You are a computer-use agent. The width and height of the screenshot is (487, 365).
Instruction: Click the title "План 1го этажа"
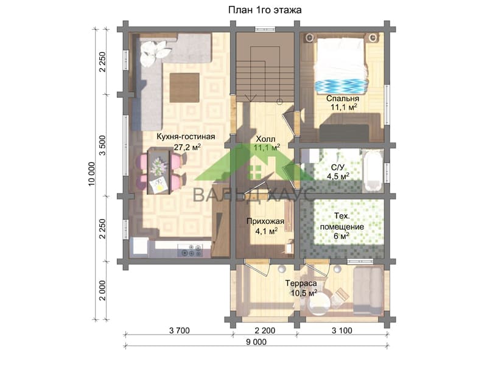[x=265, y=10]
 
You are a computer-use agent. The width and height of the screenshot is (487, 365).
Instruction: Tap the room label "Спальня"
[x=343, y=99]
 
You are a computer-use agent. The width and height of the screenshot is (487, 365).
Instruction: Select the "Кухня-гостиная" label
[x=186, y=136]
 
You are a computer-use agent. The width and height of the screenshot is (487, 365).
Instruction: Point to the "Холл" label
[x=265, y=139]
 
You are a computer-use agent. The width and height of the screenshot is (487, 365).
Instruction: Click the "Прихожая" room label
[x=265, y=221]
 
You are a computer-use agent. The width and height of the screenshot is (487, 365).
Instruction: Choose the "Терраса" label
[x=301, y=283]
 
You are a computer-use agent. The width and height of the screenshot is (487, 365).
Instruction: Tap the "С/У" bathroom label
[x=338, y=168]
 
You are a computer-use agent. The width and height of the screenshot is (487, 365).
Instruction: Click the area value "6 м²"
[x=342, y=236]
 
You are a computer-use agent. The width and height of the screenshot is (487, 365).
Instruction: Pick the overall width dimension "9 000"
[x=256, y=342]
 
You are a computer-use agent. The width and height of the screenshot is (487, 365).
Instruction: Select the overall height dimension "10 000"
[x=92, y=174]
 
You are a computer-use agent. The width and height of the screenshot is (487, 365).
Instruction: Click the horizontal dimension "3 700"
[x=179, y=330]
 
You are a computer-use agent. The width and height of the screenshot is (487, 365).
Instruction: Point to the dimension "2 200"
[x=265, y=330]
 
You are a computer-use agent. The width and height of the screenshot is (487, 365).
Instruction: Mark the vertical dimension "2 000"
[x=102, y=291]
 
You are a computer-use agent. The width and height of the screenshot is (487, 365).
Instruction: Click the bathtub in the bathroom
[x=372, y=170]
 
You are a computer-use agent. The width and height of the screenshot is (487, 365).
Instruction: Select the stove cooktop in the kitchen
[x=190, y=250]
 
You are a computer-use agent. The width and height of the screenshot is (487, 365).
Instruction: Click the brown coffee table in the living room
[x=184, y=88]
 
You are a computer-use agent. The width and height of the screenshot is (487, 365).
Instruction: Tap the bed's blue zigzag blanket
[x=341, y=85]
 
